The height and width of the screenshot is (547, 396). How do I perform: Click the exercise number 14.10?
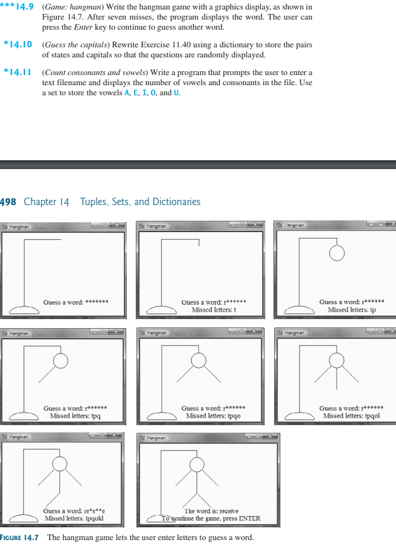tap(21, 45)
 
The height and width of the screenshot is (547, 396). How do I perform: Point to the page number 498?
tap(8, 202)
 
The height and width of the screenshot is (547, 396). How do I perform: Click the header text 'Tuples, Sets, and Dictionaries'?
tap(140, 202)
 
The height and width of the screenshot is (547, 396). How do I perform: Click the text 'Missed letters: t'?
tap(213, 310)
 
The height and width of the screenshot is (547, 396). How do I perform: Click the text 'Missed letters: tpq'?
tap(75, 416)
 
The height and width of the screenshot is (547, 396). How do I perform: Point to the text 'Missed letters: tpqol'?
tap(351, 416)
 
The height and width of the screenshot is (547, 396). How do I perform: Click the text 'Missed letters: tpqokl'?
tap(75, 519)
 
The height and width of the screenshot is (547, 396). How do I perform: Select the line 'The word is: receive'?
tap(211, 511)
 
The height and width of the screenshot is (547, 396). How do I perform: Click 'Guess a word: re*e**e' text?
tap(75, 511)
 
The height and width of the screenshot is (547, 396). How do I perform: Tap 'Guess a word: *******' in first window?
tap(75, 302)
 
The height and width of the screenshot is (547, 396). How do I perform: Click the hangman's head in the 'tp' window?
tap(337, 253)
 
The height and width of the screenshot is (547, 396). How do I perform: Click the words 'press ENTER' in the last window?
tap(243, 519)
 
